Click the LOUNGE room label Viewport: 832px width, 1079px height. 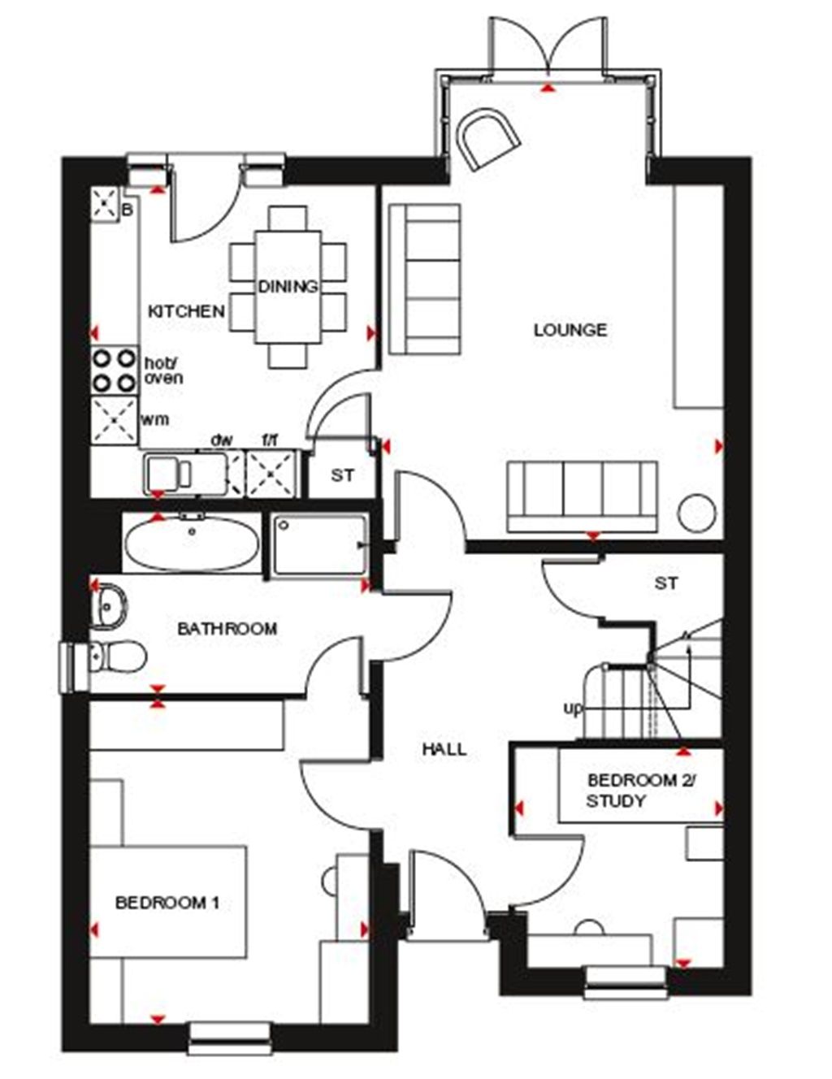(570, 330)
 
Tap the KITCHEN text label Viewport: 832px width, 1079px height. (186, 311)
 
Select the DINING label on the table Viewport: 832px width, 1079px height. (288, 287)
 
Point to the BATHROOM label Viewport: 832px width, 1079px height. (227, 628)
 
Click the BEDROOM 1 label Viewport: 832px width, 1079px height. (167, 903)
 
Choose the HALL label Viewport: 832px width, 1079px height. (444, 749)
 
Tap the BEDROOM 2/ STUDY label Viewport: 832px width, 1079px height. (642, 791)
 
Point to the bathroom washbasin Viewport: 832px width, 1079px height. (109, 605)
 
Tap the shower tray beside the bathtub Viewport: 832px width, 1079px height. (318, 547)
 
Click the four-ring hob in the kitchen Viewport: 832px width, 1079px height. (114, 369)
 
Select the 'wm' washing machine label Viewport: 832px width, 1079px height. (155, 419)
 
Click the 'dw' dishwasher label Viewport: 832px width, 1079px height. (222, 440)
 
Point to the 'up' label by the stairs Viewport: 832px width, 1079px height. (573, 708)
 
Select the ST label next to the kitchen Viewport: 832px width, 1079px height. (342, 475)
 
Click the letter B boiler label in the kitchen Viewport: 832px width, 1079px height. (127, 210)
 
